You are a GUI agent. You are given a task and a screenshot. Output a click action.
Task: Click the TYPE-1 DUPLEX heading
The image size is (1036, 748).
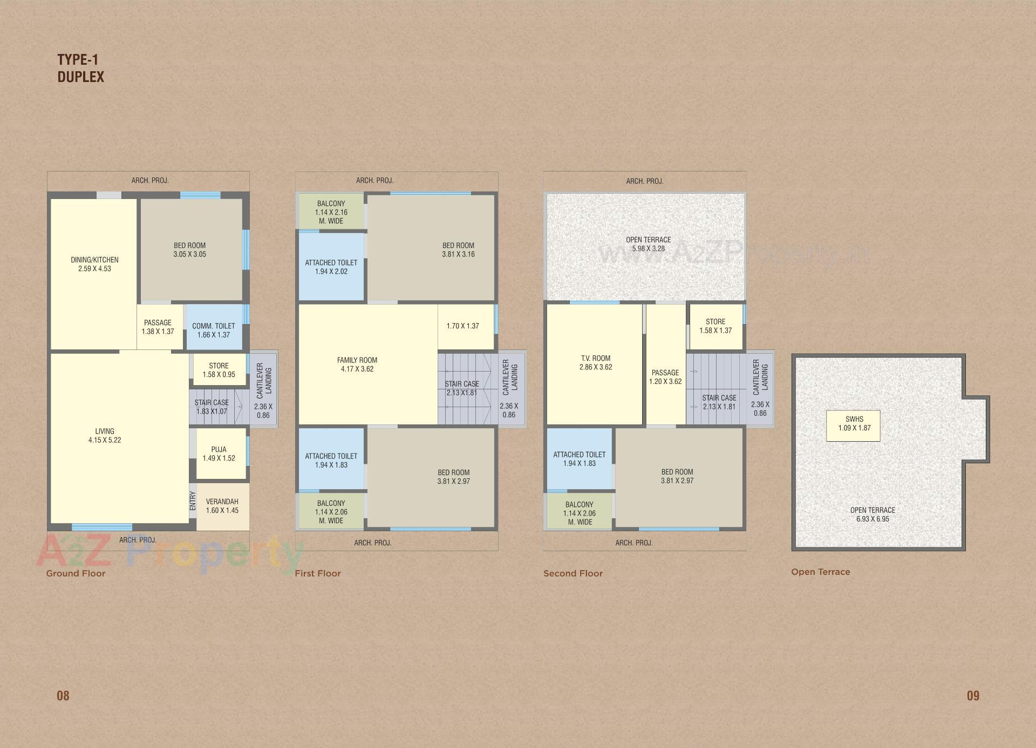pyautogui.click(x=80, y=68)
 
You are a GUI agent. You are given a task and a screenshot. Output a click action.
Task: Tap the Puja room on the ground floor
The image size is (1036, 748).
pyautogui.click(x=219, y=454)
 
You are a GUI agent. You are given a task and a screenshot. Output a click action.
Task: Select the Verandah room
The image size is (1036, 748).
pyautogui.click(x=222, y=506)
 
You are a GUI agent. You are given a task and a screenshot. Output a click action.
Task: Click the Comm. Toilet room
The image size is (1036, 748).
pyautogui.click(x=214, y=330)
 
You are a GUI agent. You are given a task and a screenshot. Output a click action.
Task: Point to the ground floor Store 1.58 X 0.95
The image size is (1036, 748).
pyautogui.click(x=219, y=370)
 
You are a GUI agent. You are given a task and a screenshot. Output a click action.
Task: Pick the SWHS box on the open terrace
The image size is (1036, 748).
pyautogui.click(x=854, y=424)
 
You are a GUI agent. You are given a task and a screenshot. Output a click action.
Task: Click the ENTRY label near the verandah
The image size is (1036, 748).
pyautogui.click(x=193, y=500)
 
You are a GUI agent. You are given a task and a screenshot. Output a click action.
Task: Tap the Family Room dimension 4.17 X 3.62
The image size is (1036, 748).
pyautogui.click(x=357, y=369)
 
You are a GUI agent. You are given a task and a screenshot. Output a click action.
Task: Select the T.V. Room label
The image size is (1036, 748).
pyautogui.click(x=596, y=358)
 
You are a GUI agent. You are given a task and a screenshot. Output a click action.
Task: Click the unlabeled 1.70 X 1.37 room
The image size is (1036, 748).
pyautogui.click(x=463, y=326)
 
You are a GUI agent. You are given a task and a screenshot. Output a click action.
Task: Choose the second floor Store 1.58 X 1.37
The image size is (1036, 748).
pyautogui.click(x=715, y=326)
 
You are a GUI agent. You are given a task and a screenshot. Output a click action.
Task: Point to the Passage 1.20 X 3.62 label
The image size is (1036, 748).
pyautogui.click(x=665, y=377)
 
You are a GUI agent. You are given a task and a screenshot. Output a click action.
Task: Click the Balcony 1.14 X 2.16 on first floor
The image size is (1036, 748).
pyautogui.click(x=331, y=212)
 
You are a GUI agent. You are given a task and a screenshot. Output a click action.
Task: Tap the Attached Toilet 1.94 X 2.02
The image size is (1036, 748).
pyautogui.click(x=331, y=267)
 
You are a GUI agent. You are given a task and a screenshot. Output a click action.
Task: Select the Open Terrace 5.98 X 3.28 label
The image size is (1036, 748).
pyautogui.click(x=648, y=244)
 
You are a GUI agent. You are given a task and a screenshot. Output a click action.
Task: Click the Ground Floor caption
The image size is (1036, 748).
pyautogui.click(x=76, y=573)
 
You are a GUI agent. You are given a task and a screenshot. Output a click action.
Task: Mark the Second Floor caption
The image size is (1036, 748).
pyautogui.click(x=573, y=573)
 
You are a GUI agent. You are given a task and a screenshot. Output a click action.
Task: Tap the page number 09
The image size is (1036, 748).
pyautogui.click(x=973, y=696)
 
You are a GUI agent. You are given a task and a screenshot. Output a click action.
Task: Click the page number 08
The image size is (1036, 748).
pyautogui.click(x=63, y=696)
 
